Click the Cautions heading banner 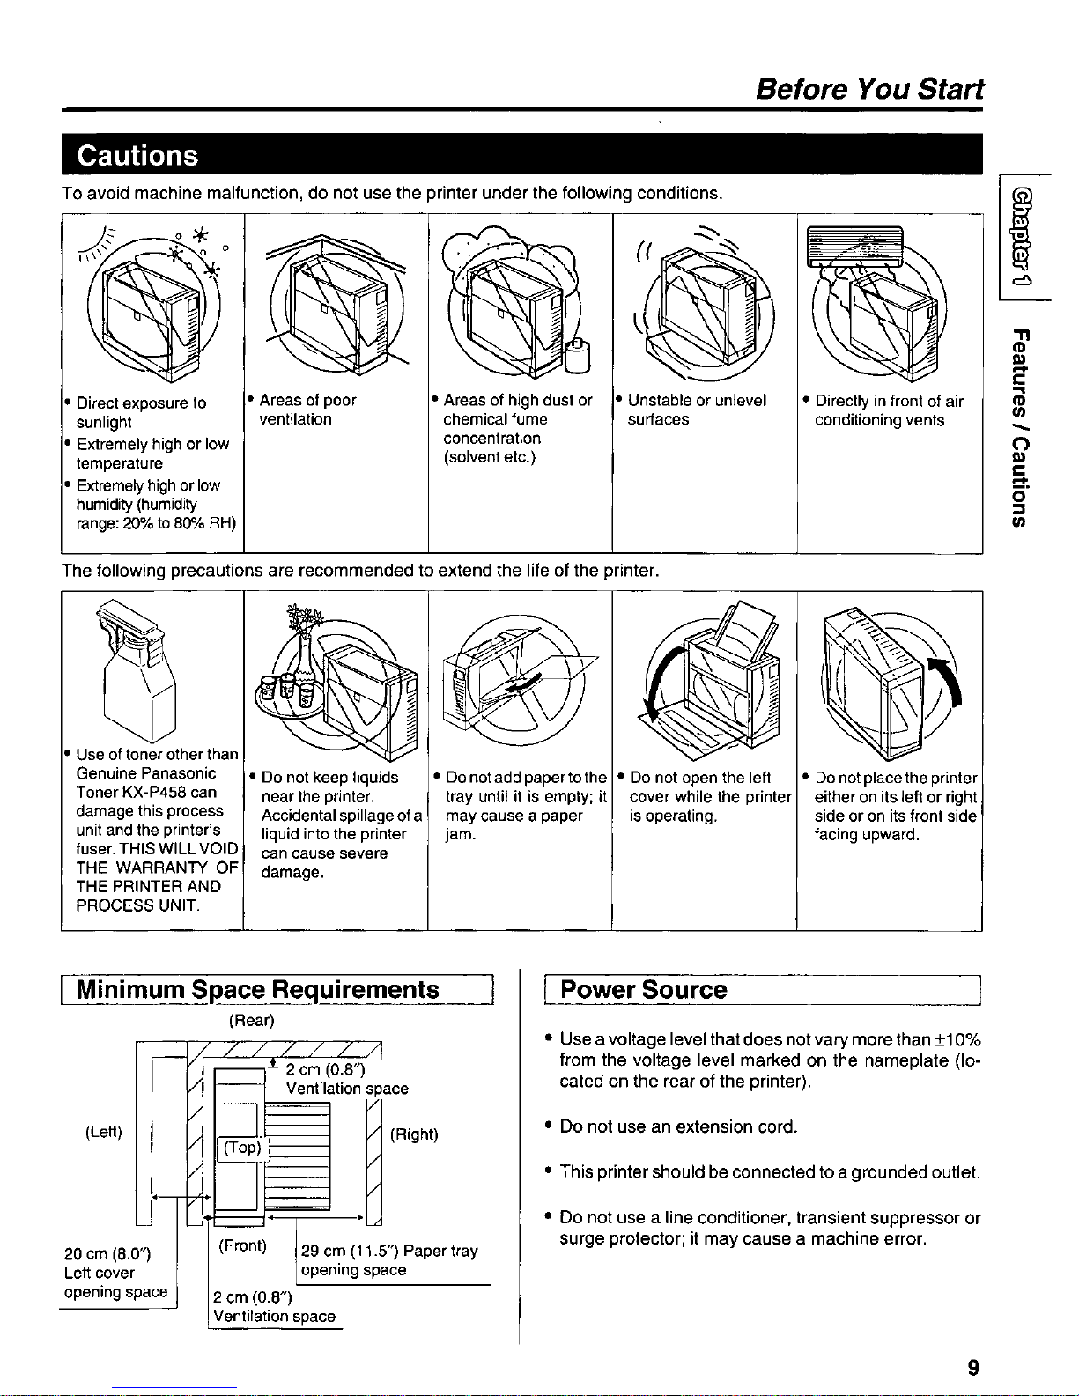tap(137, 155)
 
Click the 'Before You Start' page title tap(869, 89)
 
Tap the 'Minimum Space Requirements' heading tap(257, 989)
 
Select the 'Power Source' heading tap(644, 989)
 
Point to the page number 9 tap(973, 1367)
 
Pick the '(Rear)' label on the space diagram tap(251, 1021)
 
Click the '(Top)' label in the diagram tap(241, 1148)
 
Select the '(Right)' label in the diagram tap(414, 1134)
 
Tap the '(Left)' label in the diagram tap(104, 1132)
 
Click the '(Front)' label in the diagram tap(242, 1245)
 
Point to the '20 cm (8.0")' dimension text tap(107, 1253)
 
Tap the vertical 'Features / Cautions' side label tap(1019, 427)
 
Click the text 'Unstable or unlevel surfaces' tap(697, 410)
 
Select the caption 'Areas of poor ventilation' tap(307, 410)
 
